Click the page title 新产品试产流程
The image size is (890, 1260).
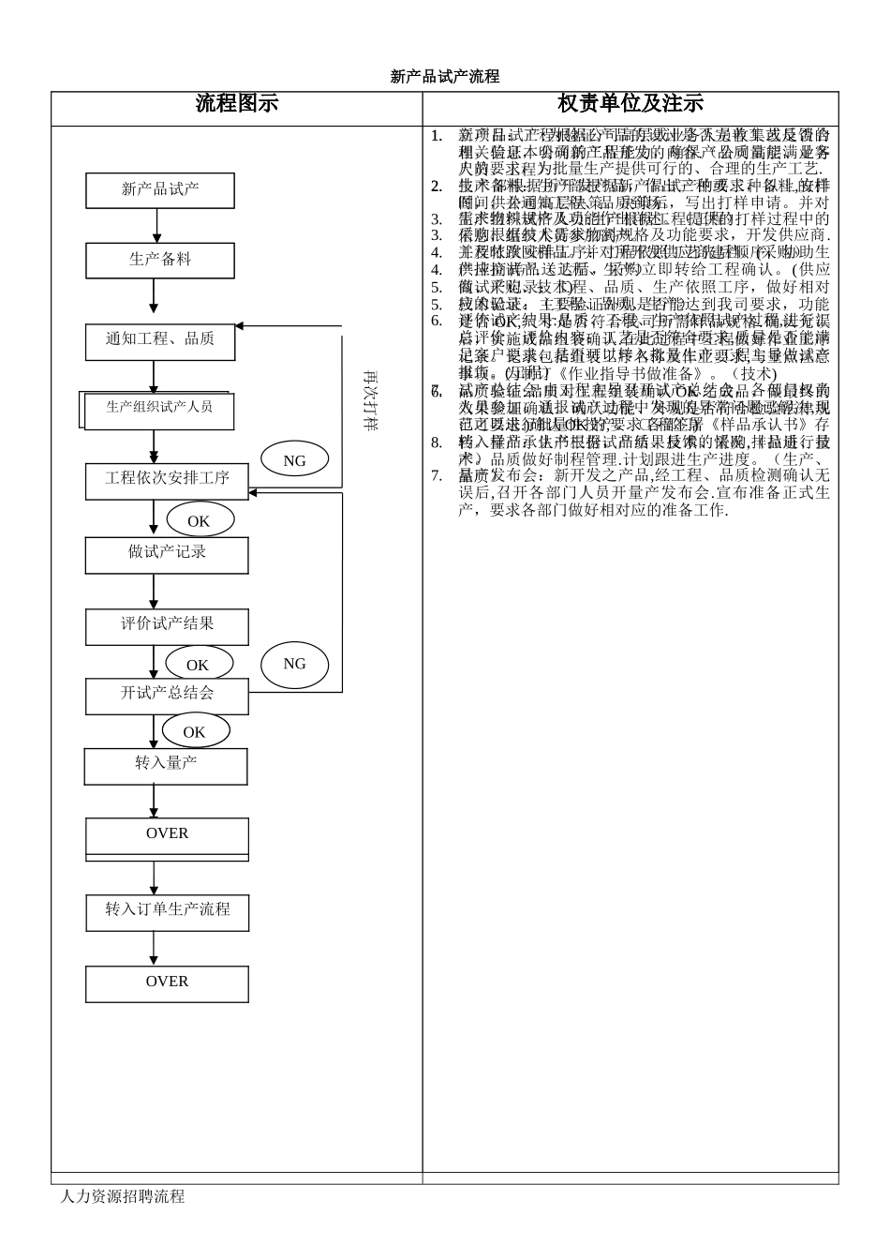coord(444,77)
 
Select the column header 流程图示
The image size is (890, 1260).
coord(236,104)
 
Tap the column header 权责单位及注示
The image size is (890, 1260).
coord(630,104)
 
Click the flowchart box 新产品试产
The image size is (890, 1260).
coord(160,189)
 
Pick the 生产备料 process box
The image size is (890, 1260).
coord(160,260)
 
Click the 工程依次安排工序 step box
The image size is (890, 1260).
coord(167,479)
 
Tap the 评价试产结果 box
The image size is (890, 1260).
coord(167,625)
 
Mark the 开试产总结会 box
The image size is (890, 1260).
coord(167,695)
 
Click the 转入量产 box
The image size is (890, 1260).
coord(166,765)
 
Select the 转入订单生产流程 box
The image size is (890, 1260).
coord(167,911)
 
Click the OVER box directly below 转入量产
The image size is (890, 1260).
coord(167,835)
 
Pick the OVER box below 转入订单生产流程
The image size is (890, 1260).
coord(167,983)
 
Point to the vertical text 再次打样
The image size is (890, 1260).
coord(370,400)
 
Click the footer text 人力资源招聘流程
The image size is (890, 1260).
coord(122,1197)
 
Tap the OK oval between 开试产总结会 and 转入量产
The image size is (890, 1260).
coord(194,731)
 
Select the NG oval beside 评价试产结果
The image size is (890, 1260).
coord(294,665)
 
